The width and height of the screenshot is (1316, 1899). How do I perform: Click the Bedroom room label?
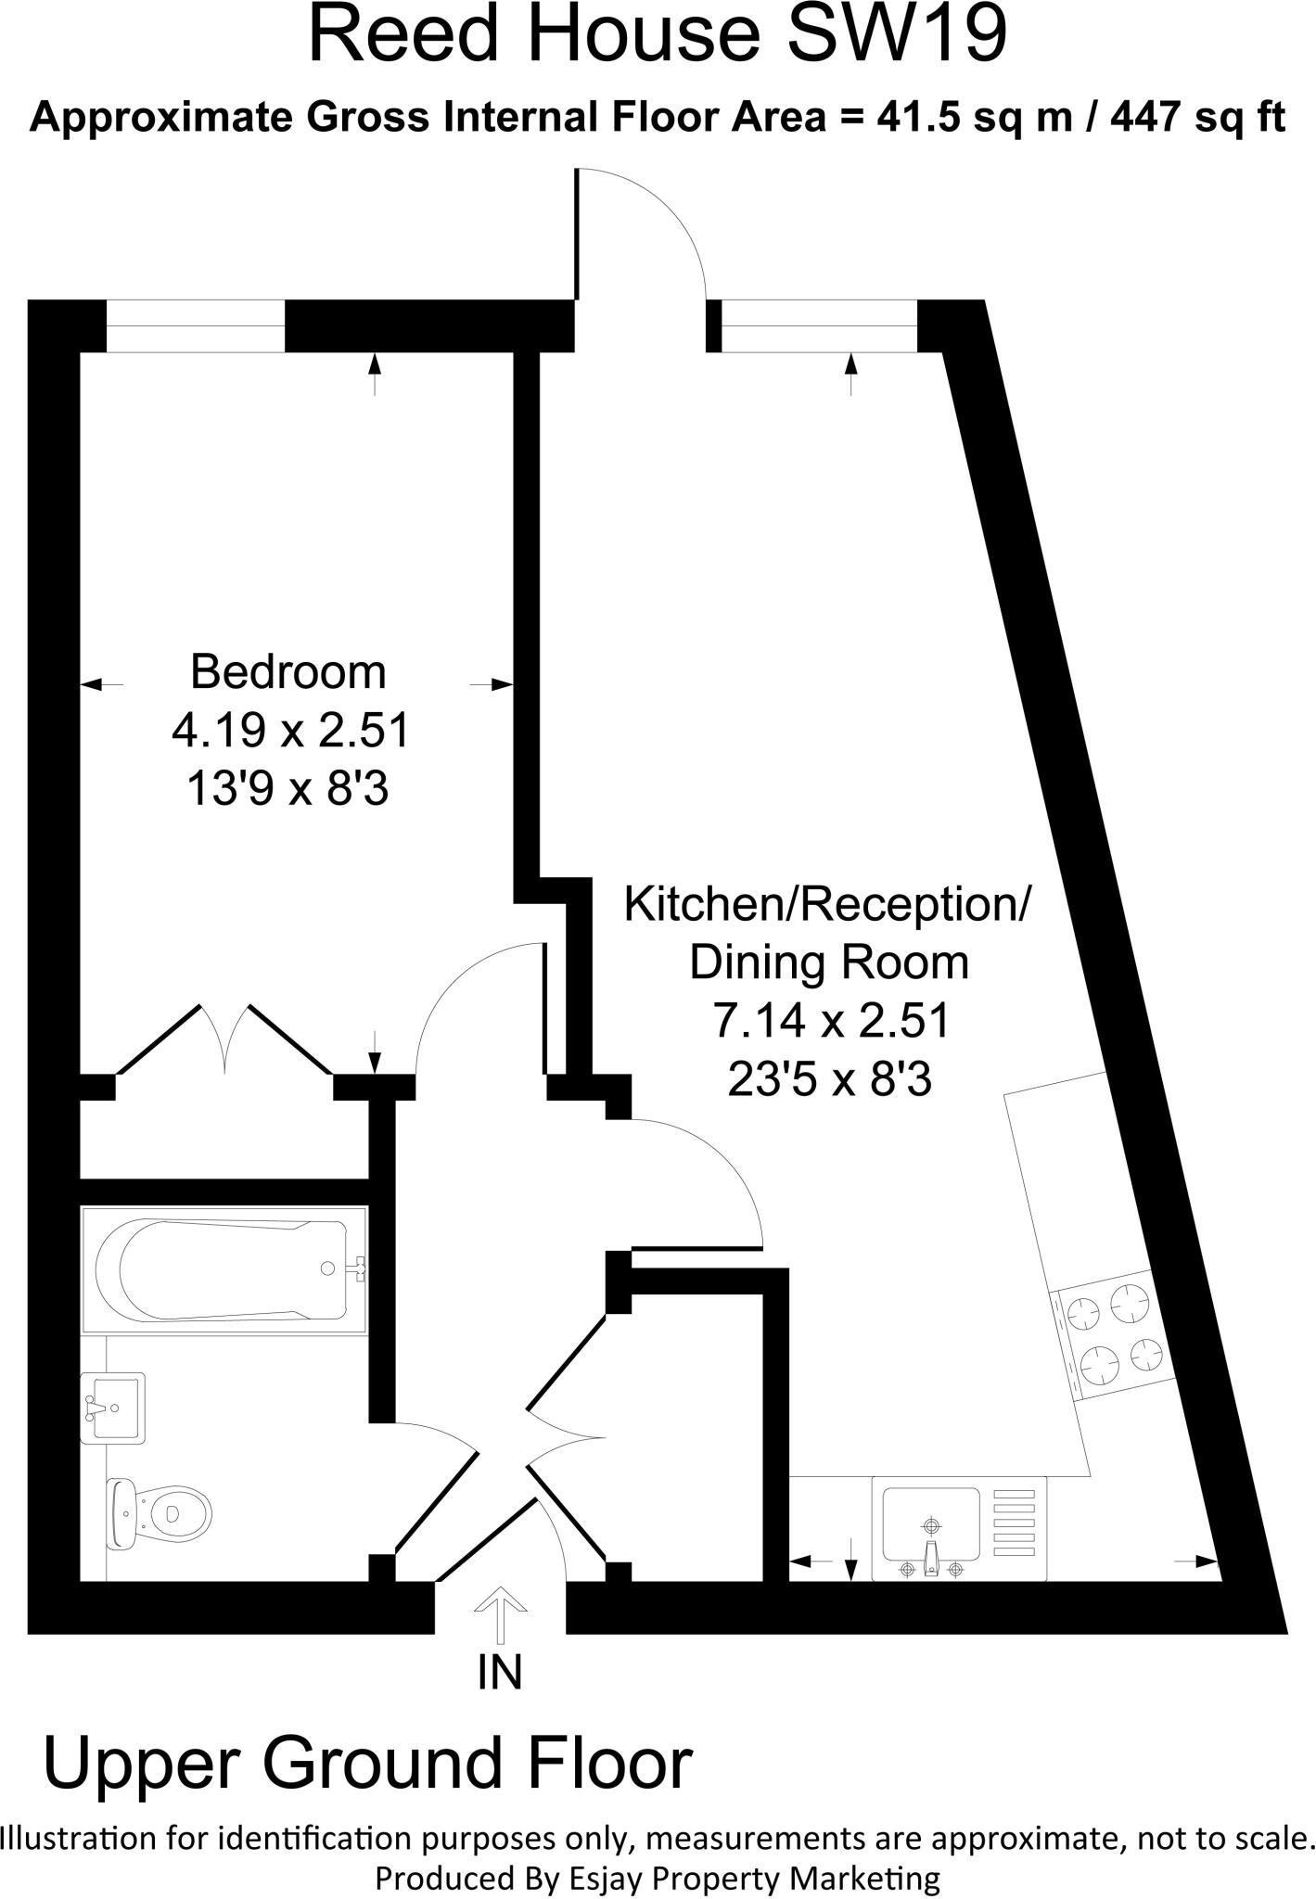tap(287, 672)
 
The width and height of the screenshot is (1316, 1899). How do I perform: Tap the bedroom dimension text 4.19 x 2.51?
tap(290, 732)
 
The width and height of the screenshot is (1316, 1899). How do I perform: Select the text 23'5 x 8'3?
tap(829, 1079)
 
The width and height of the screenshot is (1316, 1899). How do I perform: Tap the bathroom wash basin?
tap(112, 1408)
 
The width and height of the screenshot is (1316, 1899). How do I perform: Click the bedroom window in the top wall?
tap(195, 326)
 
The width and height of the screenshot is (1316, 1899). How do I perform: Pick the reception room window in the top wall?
tap(819, 326)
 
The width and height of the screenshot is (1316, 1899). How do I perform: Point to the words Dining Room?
tap(829, 962)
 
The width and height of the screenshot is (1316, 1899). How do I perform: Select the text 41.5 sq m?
tap(963, 119)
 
